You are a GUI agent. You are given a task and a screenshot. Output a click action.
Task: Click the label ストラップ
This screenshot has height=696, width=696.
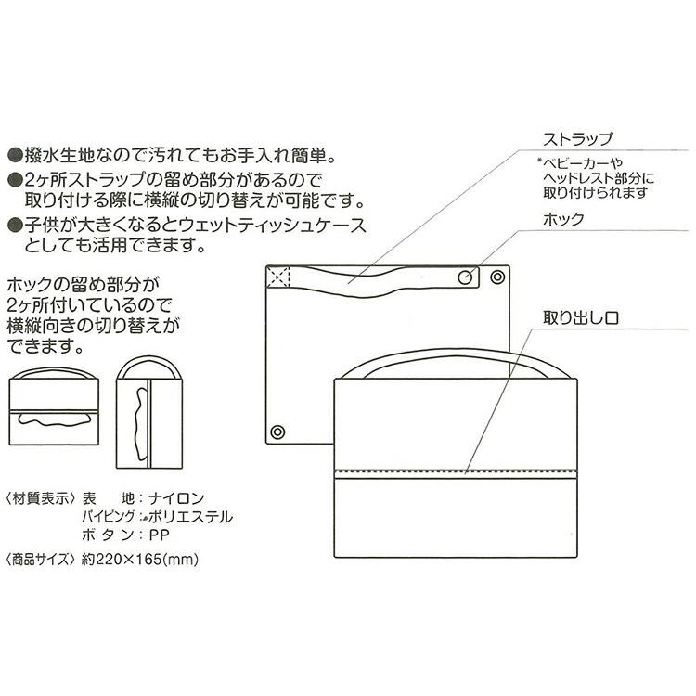[x=578, y=140]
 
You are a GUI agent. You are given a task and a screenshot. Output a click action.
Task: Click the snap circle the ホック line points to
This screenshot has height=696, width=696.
[x=467, y=277]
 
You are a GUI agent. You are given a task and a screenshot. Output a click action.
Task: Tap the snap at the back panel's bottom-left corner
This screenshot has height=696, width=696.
[x=277, y=432]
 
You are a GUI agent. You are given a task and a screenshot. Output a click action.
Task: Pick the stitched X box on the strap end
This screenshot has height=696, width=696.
[x=278, y=277]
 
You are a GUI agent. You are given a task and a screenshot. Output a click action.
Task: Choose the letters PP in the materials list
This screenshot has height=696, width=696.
[x=160, y=535]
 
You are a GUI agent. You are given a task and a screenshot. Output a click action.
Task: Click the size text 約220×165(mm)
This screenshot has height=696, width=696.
[x=140, y=560]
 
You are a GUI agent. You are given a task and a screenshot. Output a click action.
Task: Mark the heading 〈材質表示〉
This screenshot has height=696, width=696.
[x=40, y=498]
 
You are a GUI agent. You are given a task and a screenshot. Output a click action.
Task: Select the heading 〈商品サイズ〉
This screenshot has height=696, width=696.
[x=40, y=560]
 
